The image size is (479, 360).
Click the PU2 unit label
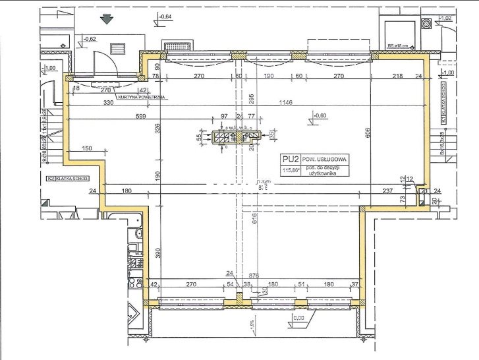[x=288, y=159]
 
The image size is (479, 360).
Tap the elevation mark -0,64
[x=165, y=16]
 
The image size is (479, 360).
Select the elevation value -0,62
[x=90, y=39]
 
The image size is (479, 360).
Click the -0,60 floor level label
[x=320, y=116]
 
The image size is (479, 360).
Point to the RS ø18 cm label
[x=399, y=46]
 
